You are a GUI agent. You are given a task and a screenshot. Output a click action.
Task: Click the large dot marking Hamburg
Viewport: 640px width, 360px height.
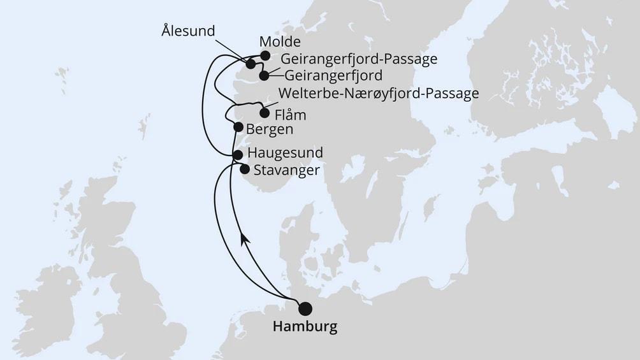click(x=306, y=308)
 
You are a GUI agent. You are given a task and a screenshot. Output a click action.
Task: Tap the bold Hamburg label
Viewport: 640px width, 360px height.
click(x=305, y=328)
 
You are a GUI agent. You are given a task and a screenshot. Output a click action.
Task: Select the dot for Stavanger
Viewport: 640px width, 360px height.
click(x=244, y=169)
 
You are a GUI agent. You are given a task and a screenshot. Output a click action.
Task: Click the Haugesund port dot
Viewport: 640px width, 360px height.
click(x=238, y=154)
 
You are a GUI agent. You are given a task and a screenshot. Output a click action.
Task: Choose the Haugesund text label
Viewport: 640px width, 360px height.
click(x=284, y=154)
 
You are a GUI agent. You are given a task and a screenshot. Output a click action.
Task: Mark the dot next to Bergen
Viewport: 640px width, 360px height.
click(x=238, y=127)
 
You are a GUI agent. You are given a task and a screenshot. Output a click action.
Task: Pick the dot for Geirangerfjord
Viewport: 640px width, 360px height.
click(x=264, y=76)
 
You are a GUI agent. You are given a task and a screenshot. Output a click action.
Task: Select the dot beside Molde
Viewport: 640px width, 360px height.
click(x=265, y=55)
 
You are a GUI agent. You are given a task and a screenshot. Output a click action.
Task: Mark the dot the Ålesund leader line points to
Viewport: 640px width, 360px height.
click(x=251, y=64)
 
